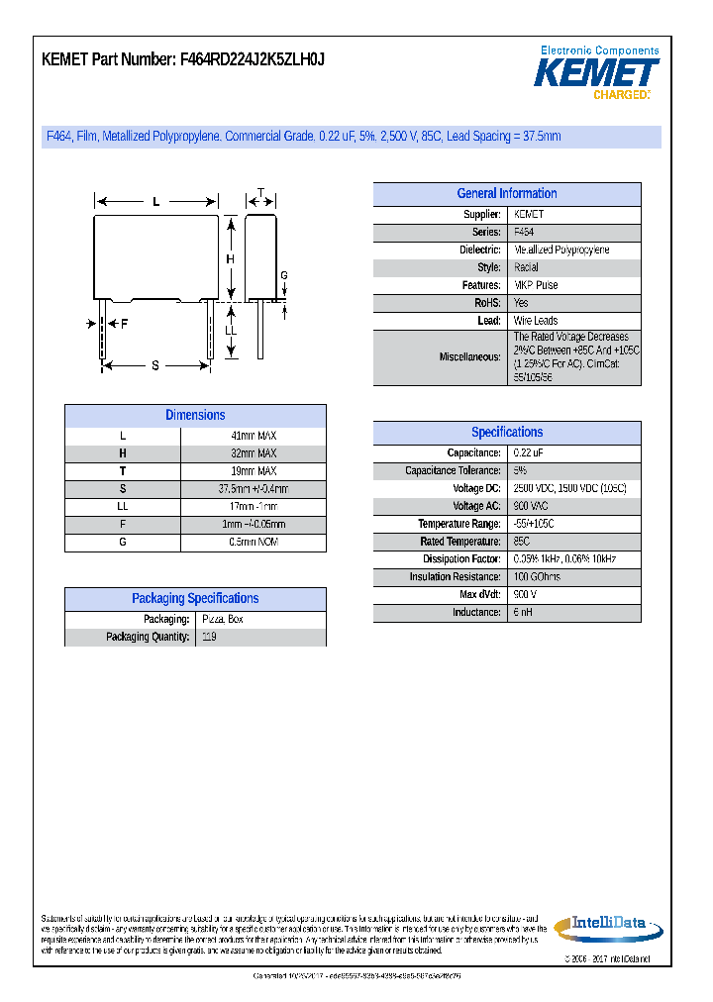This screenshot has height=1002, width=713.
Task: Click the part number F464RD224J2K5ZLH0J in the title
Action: pos(252,59)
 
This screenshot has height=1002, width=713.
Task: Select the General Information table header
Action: pos(506,194)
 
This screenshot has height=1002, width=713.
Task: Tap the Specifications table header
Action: pos(506,433)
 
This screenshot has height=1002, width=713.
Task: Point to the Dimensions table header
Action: pos(195,416)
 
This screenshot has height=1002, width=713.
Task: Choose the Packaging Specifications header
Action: pos(195,599)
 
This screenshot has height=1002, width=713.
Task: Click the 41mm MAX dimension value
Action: pos(253,436)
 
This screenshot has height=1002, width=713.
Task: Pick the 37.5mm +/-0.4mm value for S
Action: pos(253,489)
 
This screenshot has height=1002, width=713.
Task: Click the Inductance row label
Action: pos(476,613)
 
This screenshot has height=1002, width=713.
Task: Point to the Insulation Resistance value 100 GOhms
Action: pos(537,577)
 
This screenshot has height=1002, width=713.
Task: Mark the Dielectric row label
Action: pos(479,250)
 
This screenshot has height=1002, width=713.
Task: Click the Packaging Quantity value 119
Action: pos(209,638)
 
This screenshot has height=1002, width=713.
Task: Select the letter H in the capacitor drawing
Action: pos(230,258)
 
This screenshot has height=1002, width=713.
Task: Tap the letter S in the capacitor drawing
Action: pos(155,366)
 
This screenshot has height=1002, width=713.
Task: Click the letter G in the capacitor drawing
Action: pos(283,275)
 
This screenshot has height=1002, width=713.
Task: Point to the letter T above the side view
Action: pos(260,193)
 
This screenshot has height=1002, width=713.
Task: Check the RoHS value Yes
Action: pos(521,303)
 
